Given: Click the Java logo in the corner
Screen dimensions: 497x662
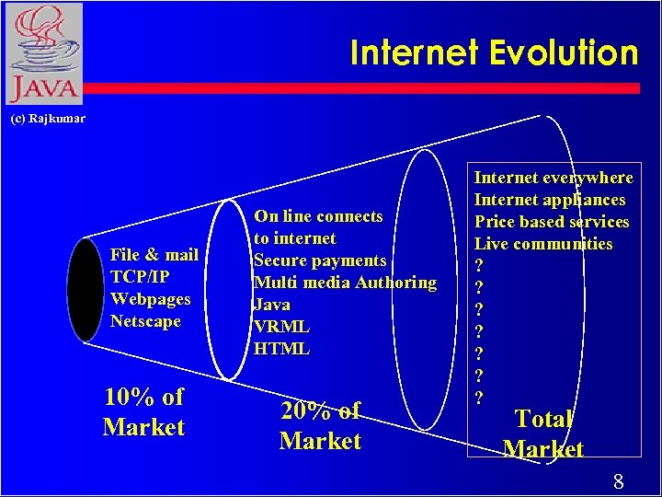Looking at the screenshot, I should point(42,53).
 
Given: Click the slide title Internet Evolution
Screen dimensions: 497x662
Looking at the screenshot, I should point(494,53).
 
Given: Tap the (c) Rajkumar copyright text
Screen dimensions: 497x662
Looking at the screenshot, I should point(47,119).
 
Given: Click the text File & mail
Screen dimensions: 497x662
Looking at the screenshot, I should point(154,255).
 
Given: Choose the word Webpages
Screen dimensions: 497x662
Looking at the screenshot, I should point(150,299).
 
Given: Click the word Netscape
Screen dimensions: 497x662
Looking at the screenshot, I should point(145,321).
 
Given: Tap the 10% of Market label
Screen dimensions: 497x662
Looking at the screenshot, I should point(143,412).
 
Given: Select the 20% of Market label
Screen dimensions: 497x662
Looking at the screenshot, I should point(320,426).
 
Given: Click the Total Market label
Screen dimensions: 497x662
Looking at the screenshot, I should point(543,433).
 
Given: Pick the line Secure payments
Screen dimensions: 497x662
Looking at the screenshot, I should point(320,260).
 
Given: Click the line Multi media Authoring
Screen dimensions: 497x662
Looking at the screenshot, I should point(345,283).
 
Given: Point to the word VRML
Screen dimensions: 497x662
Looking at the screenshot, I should point(281,327).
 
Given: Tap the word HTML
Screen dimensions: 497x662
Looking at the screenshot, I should point(281,349).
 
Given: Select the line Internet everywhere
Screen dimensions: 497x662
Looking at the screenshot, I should point(554,178).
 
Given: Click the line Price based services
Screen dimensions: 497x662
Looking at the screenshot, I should point(552,222).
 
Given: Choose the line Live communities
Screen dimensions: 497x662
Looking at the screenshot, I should point(542,244).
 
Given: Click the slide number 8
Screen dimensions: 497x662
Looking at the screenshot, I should point(619,480).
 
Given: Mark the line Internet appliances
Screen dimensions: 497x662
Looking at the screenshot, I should point(549,200).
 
